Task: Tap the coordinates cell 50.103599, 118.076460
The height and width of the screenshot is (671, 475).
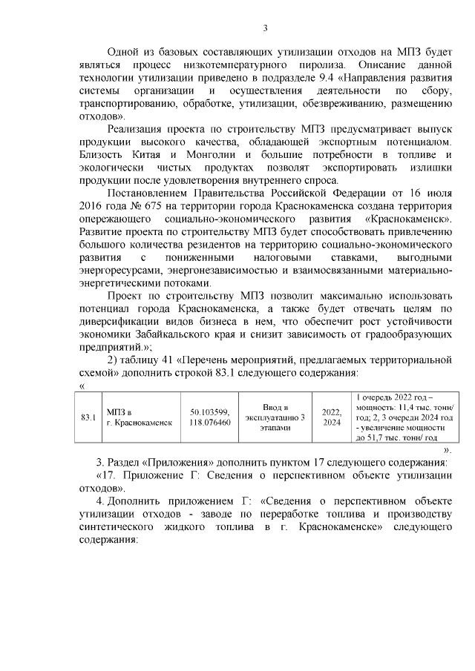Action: (210, 417)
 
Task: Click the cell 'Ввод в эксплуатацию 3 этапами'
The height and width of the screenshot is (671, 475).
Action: (274, 417)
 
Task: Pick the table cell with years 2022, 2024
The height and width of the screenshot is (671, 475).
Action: (331, 417)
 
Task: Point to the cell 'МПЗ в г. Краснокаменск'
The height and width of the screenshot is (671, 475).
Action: (140, 417)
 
